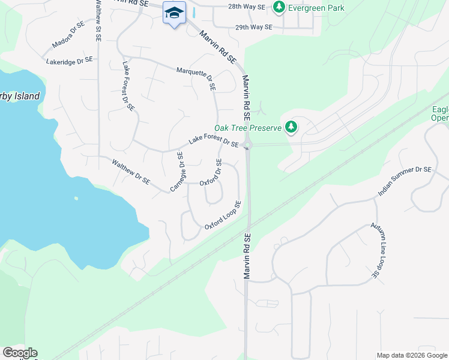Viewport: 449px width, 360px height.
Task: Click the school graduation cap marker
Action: pyautogui.click(x=174, y=13)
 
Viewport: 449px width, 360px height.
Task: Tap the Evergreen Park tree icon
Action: pyautogui.click(x=279, y=7)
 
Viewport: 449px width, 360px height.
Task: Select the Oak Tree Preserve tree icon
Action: pyautogui.click(x=291, y=127)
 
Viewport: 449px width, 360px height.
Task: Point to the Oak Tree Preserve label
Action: pyautogui.click(x=248, y=128)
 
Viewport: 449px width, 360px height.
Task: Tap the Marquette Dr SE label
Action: pyautogui.click(x=196, y=78)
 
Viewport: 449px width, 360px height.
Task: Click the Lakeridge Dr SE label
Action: pyautogui.click(x=70, y=60)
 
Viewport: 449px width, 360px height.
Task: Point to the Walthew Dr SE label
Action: pyautogui.click(x=130, y=171)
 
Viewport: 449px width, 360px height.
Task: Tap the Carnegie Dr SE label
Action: pyautogui.click(x=176, y=172)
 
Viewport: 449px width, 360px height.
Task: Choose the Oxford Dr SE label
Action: pyautogui.click(x=211, y=173)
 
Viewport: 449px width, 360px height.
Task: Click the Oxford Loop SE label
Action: pyautogui.click(x=223, y=215)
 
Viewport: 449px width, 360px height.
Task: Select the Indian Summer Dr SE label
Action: pyautogui.click(x=405, y=182)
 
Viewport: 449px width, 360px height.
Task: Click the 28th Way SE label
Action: pyautogui.click(x=246, y=7)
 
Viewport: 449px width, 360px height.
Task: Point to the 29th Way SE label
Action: pyautogui.click(x=253, y=27)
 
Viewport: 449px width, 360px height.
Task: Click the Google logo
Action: pyautogui.click(x=20, y=353)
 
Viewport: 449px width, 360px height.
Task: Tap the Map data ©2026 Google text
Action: pyautogui.click(x=412, y=355)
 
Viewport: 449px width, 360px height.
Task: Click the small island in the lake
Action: pyautogui.click(x=76, y=198)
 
